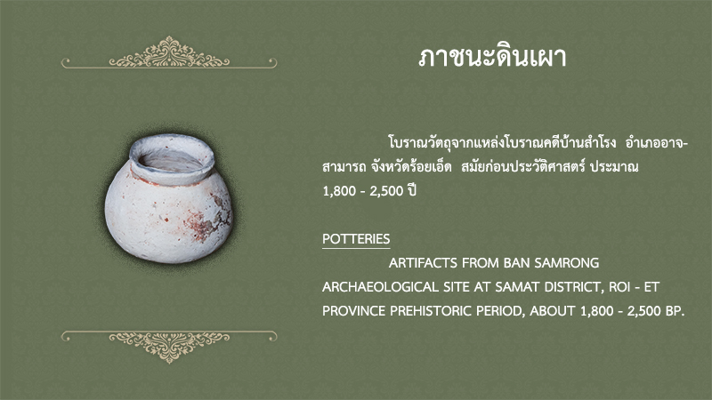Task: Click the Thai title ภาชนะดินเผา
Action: [x=492, y=58]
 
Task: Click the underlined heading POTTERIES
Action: [x=356, y=239]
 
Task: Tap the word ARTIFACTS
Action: [x=423, y=263]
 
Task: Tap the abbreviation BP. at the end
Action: [x=675, y=311]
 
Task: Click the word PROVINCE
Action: [x=354, y=311]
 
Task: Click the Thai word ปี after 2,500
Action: [x=412, y=190]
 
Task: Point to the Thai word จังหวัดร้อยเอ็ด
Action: [x=411, y=167]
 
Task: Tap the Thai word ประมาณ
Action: [x=614, y=167]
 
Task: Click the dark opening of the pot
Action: [x=170, y=162]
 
